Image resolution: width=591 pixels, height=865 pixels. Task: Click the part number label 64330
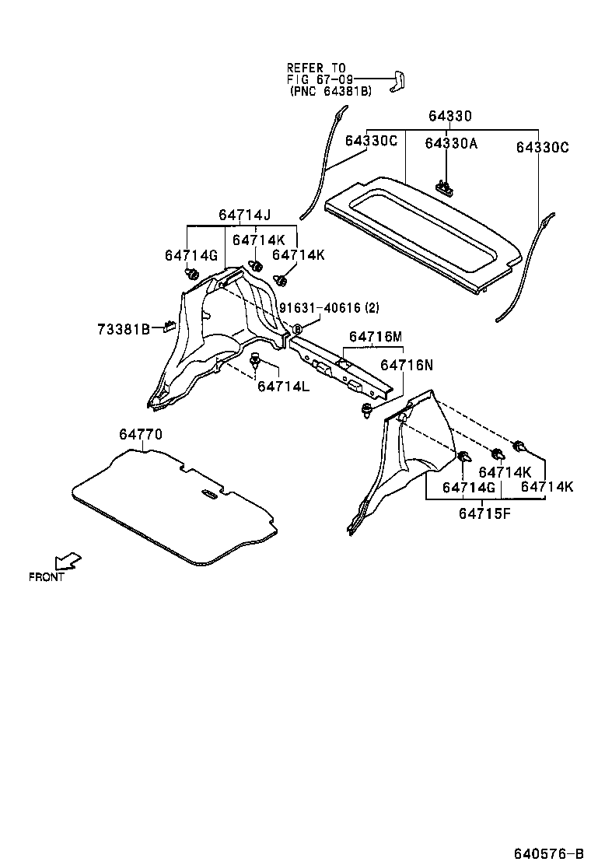(x=449, y=117)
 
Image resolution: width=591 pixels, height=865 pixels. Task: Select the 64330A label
(x=451, y=144)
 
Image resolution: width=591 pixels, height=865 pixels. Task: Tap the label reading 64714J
(x=244, y=215)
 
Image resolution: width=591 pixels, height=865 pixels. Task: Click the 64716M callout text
(x=376, y=336)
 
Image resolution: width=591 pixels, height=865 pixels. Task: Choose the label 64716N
(x=407, y=364)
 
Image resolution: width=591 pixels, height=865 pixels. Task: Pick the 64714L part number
(x=283, y=387)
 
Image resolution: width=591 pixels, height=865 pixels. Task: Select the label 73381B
(x=124, y=329)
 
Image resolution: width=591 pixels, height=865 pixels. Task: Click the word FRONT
(x=47, y=577)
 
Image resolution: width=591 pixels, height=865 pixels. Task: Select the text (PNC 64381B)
(x=330, y=91)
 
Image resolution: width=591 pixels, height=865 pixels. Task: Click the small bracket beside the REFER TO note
(x=401, y=80)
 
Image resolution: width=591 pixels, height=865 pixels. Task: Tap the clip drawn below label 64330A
(x=444, y=185)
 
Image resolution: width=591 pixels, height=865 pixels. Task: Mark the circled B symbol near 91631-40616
(x=295, y=329)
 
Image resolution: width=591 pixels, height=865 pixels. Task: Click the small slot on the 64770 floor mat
(x=208, y=496)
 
